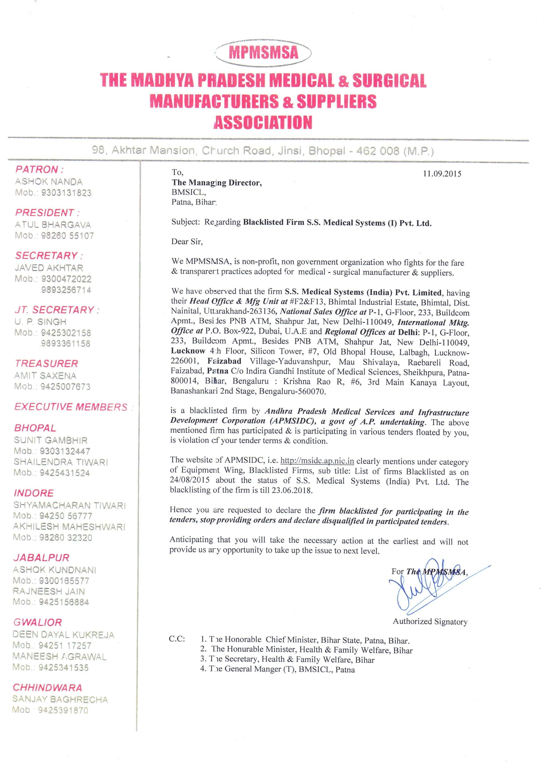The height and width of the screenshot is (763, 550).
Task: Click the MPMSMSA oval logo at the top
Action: (x=263, y=52)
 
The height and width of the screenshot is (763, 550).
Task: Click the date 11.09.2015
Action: (x=442, y=174)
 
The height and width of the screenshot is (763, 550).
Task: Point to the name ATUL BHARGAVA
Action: (x=53, y=225)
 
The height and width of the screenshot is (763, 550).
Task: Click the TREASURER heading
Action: (x=46, y=364)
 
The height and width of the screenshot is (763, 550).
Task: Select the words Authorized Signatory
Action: (x=430, y=622)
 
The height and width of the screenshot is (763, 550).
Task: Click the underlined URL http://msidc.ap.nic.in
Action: (x=317, y=461)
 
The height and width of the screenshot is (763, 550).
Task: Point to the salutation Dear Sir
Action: (x=187, y=241)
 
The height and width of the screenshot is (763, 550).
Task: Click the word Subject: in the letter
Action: (x=185, y=222)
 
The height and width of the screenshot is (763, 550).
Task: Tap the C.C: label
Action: (x=177, y=639)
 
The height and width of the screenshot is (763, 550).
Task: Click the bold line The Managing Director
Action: (x=217, y=183)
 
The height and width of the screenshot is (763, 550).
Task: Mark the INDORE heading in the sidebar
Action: (x=34, y=493)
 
